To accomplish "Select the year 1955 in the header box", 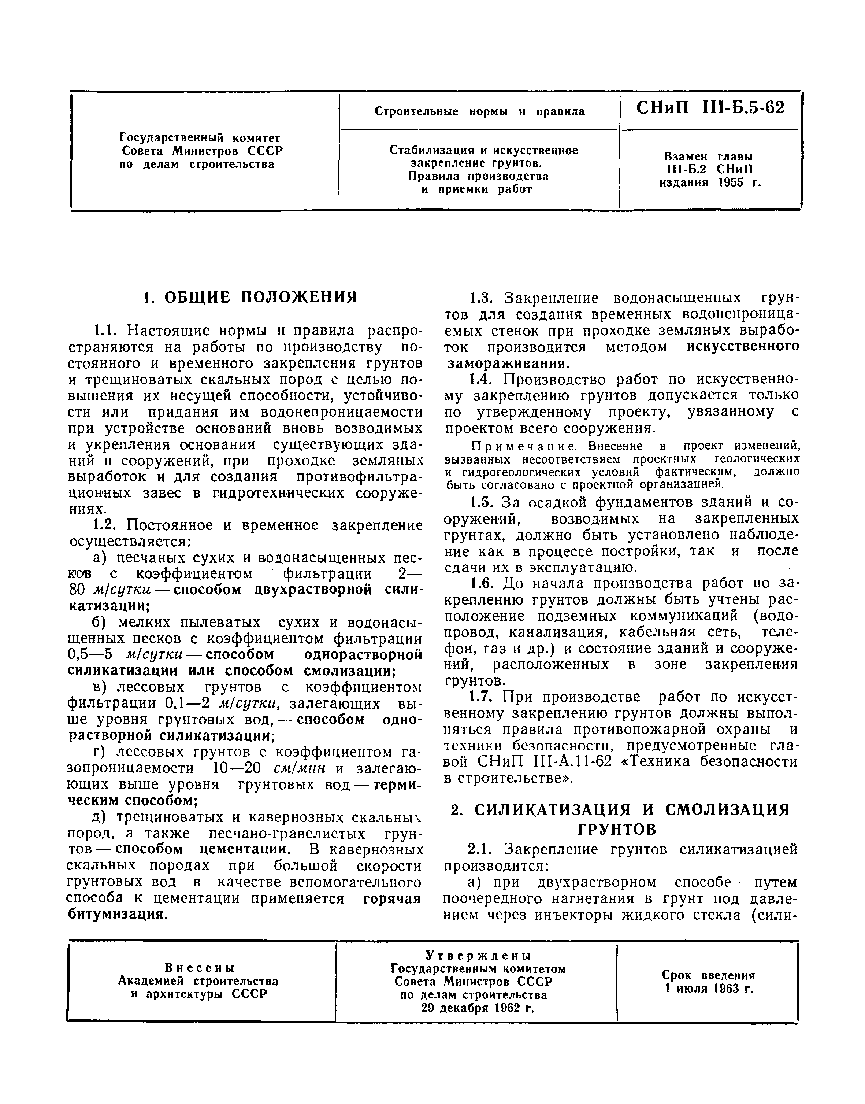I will tap(731, 182).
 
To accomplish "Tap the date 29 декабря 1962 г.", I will tap(478, 1022).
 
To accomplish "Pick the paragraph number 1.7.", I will tap(480, 698).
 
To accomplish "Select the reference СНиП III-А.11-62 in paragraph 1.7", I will tap(545, 762).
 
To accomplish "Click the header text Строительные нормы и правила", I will tap(479, 111).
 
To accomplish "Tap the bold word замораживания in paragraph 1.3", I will tap(508, 363).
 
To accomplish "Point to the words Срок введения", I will tap(708, 975).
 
